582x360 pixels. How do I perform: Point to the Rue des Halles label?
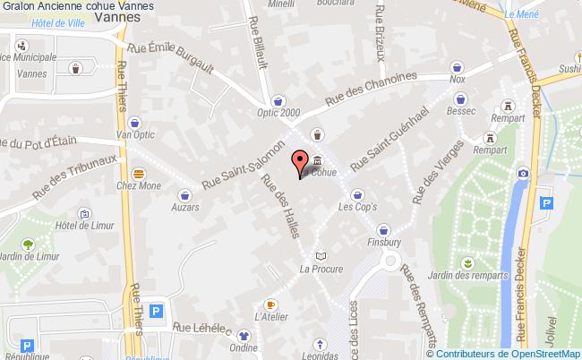tap(279, 205)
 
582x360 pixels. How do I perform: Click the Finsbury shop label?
tap(385, 242)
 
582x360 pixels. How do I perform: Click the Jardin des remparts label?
tap(463, 275)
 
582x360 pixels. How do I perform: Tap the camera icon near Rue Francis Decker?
tap(523, 172)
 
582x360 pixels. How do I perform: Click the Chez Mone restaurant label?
tap(139, 187)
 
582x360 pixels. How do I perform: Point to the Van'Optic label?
tap(135, 136)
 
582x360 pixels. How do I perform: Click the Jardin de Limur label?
tap(29, 258)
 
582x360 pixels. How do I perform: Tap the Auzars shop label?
tap(185, 207)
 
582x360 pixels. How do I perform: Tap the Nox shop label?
tap(458, 80)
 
